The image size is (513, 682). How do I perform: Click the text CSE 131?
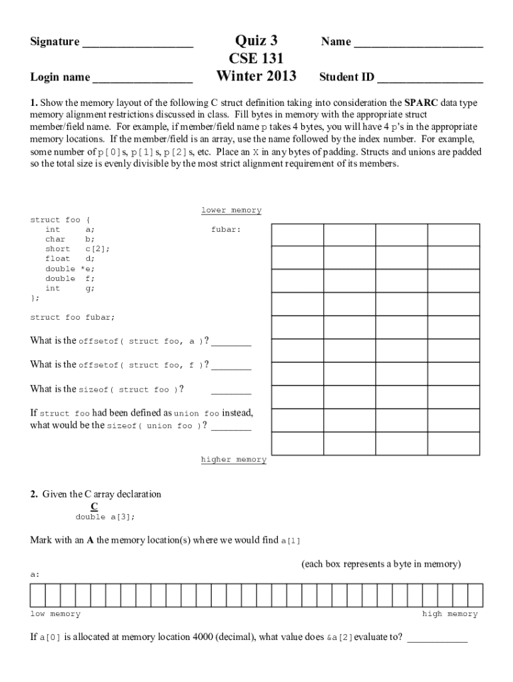(256, 58)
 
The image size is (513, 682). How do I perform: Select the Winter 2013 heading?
(256, 76)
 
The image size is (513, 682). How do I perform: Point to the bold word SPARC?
(421, 103)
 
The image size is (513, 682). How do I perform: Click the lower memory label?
(231, 210)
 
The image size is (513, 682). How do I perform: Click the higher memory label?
(233, 460)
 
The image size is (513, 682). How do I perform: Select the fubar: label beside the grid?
(226, 229)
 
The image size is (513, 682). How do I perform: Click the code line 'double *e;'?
(70, 268)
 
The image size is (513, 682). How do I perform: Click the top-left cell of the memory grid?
(297, 235)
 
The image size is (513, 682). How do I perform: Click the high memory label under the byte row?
(450, 614)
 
